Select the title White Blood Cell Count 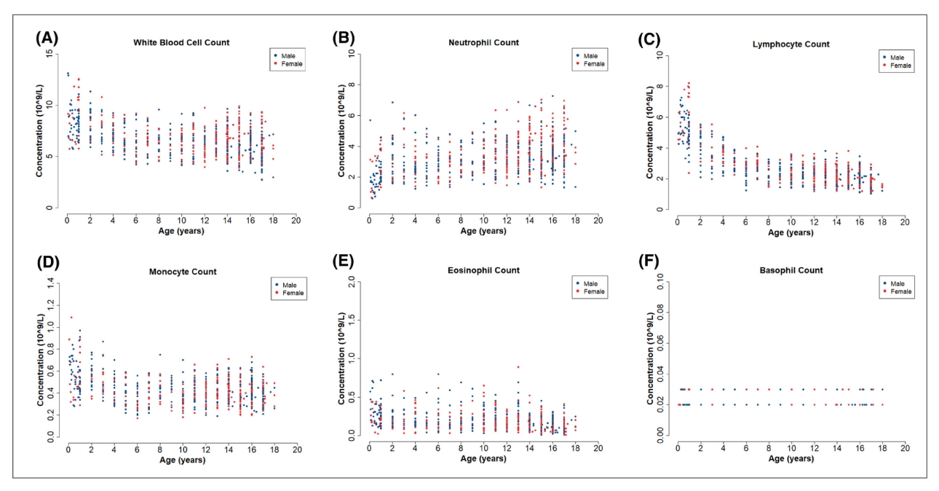click(181, 42)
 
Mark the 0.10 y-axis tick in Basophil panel click(662, 281)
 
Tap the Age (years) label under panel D click(181, 461)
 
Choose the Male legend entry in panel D click(292, 283)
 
